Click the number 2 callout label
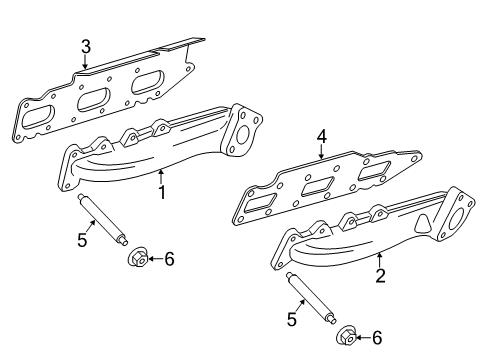[x=379, y=276]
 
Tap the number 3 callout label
[x=86, y=46]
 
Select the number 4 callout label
[x=322, y=136]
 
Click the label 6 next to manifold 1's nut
[x=169, y=259]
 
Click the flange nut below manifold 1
[x=139, y=259]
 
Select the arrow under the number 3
[x=86, y=64]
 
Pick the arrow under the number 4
[x=321, y=153]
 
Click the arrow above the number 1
[x=160, y=174]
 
